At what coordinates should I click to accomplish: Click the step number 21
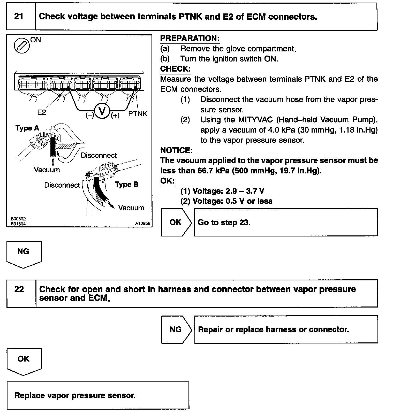(x=19, y=17)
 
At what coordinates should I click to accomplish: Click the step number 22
(x=19, y=289)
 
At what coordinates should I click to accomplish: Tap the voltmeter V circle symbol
(x=102, y=111)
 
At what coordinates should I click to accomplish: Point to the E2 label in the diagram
(x=41, y=112)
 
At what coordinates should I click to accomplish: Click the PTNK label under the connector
(x=138, y=114)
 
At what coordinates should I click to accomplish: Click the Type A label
(x=27, y=128)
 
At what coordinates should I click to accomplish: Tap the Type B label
(x=127, y=185)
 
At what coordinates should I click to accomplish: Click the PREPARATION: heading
(x=190, y=39)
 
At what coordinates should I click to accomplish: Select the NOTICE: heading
(x=176, y=150)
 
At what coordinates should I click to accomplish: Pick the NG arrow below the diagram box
(x=24, y=254)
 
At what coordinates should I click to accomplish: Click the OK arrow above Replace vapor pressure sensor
(x=24, y=361)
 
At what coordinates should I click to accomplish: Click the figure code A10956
(x=142, y=224)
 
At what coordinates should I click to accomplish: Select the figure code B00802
(x=18, y=219)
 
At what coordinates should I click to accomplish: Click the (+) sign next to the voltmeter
(x=115, y=116)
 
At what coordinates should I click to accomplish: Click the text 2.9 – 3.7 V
(x=245, y=191)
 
